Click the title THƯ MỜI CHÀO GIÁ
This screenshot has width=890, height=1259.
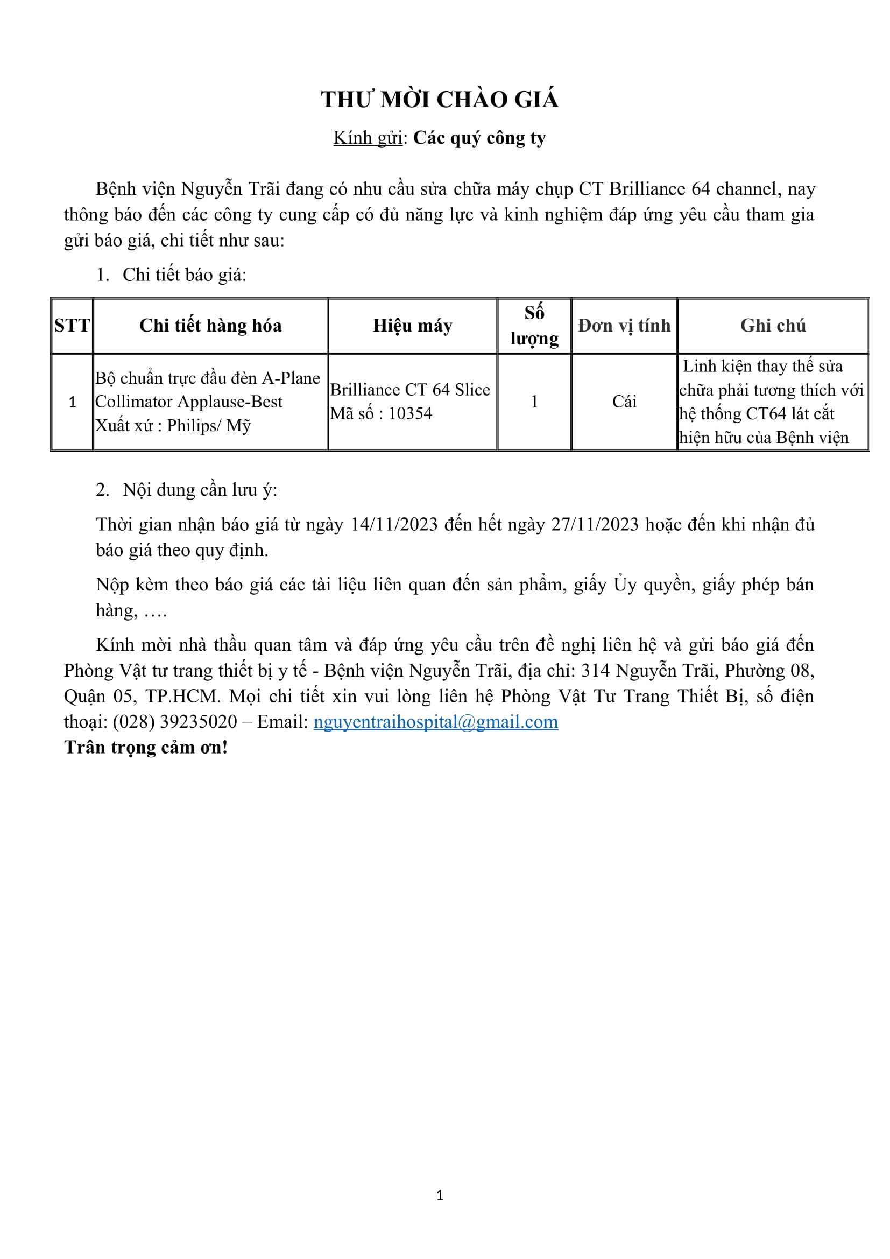tap(440, 100)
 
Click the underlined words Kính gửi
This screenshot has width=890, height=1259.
tap(368, 138)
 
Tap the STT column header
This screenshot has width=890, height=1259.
tap(72, 326)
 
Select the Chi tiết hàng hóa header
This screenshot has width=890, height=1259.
tap(210, 326)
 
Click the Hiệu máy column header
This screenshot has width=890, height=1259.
tap(413, 326)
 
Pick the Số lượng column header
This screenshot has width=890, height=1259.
tap(534, 326)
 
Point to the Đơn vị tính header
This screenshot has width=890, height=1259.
tap(624, 326)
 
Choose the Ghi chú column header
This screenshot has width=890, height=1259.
tap(773, 326)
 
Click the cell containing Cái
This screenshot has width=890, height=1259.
tap(624, 402)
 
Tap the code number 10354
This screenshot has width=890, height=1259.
tap(411, 413)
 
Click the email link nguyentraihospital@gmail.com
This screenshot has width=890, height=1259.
tap(436, 722)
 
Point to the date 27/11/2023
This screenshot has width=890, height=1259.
tap(595, 525)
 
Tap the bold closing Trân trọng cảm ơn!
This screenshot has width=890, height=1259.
tap(146, 748)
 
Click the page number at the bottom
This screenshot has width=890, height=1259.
tap(440, 1195)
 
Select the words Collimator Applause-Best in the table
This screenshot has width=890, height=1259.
tap(189, 402)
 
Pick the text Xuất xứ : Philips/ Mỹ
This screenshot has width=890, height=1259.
tap(173, 426)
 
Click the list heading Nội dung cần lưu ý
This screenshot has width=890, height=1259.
tap(200, 490)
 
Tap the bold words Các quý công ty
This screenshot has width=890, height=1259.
tap(479, 138)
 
